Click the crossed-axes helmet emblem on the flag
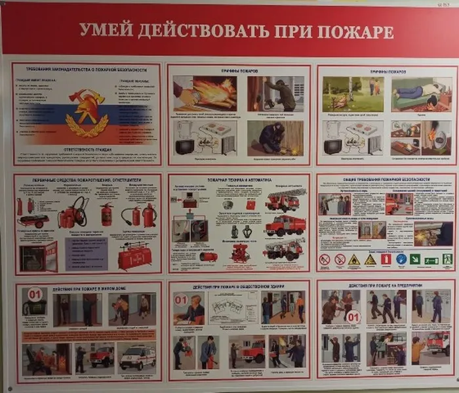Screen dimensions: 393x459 click(87, 108)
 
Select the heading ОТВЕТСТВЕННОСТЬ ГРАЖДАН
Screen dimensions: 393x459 click(86, 150)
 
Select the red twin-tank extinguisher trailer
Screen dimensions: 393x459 click(134, 255)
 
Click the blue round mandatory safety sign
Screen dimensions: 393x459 click(399, 259)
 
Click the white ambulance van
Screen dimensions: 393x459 click(137, 357)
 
